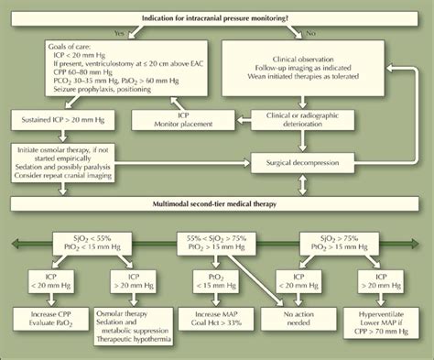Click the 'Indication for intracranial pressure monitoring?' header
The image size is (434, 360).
tap(218, 18)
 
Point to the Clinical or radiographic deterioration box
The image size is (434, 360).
tap(302, 119)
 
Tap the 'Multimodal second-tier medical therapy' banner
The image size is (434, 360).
tap(218, 201)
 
